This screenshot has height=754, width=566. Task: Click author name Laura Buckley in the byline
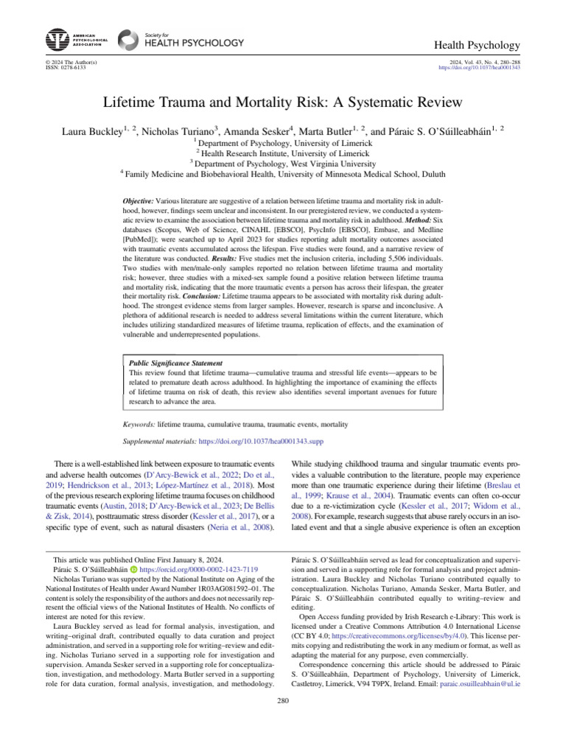(92, 133)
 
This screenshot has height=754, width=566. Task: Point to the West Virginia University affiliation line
(283, 163)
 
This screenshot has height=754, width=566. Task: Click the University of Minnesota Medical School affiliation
(283, 175)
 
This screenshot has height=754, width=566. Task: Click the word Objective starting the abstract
(138, 201)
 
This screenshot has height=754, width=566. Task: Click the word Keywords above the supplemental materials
(139, 425)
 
